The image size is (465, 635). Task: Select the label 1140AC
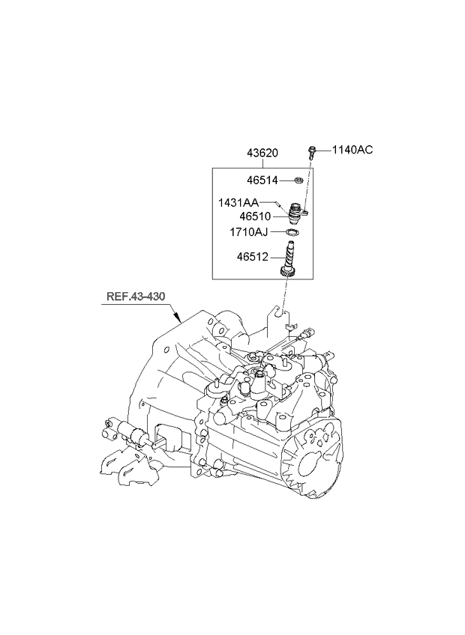[353, 150]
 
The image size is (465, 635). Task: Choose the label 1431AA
[238, 203]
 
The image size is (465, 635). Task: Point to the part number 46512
[253, 256]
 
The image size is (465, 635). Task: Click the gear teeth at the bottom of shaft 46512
[286, 273]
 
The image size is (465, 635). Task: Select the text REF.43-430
[134, 298]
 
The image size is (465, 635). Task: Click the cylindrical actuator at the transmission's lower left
[137, 435]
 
